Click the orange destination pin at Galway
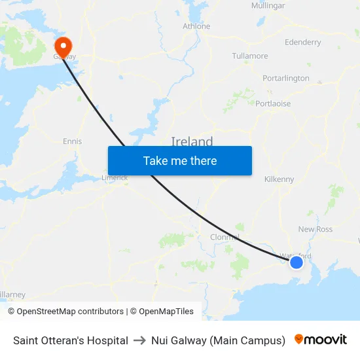63,46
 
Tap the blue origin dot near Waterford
297,262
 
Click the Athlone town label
196,26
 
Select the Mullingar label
268,6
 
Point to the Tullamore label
250,56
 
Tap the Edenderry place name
303,43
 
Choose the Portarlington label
286,79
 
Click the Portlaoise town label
273,103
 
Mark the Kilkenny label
279,179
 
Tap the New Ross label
315,229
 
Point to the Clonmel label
225,237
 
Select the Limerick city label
115,177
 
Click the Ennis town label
72,141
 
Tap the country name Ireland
192,141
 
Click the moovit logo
321,340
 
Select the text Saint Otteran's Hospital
71,340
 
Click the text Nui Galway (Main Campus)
218,340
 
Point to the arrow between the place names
139,340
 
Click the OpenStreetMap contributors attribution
65,312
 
